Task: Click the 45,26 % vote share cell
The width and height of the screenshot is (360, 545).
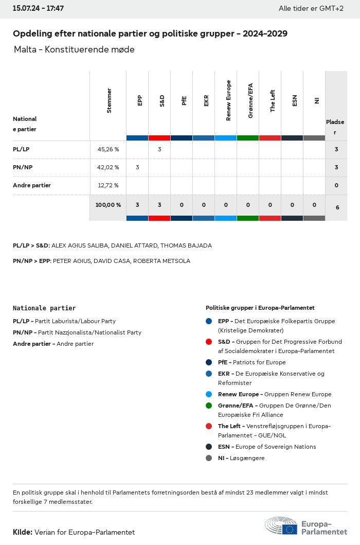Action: click(x=108, y=149)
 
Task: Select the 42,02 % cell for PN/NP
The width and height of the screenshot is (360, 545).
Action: click(x=108, y=167)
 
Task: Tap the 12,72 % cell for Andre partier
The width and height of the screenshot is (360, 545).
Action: click(x=108, y=185)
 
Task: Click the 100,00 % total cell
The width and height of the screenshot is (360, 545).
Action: click(x=108, y=205)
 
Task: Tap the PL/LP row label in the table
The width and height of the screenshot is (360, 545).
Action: click(x=21, y=149)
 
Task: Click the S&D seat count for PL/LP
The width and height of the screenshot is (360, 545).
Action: click(x=159, y=149)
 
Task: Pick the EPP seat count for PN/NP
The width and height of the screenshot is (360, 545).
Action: click(x=137, y=167)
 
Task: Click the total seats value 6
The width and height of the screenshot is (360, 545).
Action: click(x=337, y=207)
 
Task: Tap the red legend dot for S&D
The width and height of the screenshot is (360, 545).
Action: click(x=208, y=342)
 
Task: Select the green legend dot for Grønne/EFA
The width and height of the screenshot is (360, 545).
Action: click(x=208, y=406)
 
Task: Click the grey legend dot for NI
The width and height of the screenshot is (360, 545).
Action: click(x=208, y=458)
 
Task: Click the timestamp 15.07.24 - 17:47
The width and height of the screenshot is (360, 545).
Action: click(x=38, y=9)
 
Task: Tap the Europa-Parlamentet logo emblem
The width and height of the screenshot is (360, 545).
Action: click(x=281, y=526)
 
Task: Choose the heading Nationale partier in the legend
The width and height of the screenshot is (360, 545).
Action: click(x=44, y=308)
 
